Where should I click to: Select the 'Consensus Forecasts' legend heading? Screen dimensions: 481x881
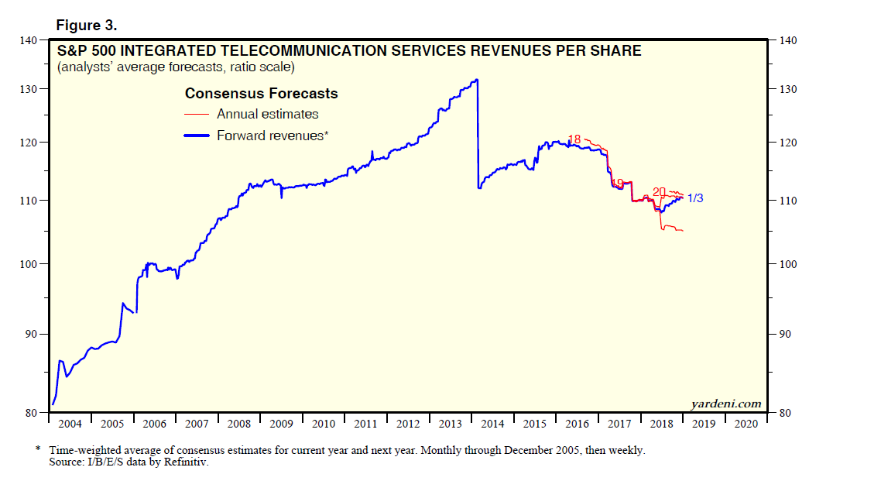click(x=261, y=94)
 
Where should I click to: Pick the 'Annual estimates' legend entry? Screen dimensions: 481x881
click(x=267, y=114)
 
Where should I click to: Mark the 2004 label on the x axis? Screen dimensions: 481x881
click(x=70, y=424)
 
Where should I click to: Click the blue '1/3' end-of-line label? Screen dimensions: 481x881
click(x=695, y=198)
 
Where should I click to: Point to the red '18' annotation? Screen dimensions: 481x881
click(x=574, y=139)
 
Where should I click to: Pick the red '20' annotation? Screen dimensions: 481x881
click(x=660, y=191)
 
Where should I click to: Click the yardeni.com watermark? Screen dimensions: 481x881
click(x=725, y=404)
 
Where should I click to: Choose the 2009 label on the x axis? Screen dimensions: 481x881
click(x=281, y=424)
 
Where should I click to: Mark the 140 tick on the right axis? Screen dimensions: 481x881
click(x=790, y=40)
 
